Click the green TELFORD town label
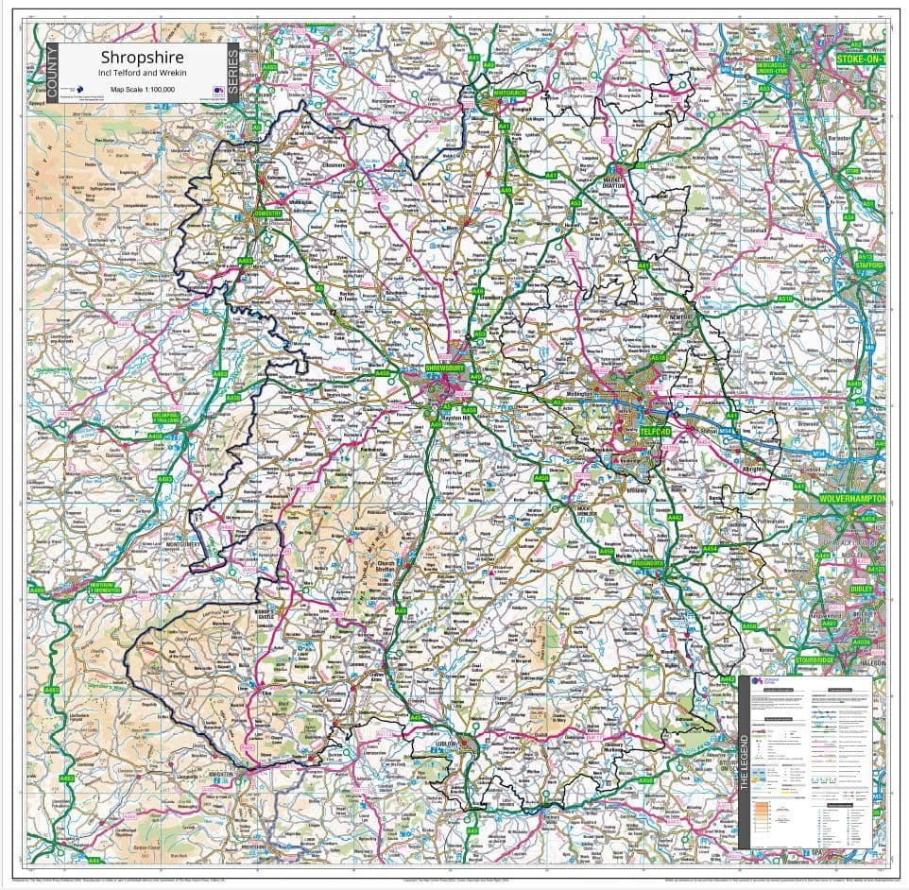(655, 432)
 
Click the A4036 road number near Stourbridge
(861, 642)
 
